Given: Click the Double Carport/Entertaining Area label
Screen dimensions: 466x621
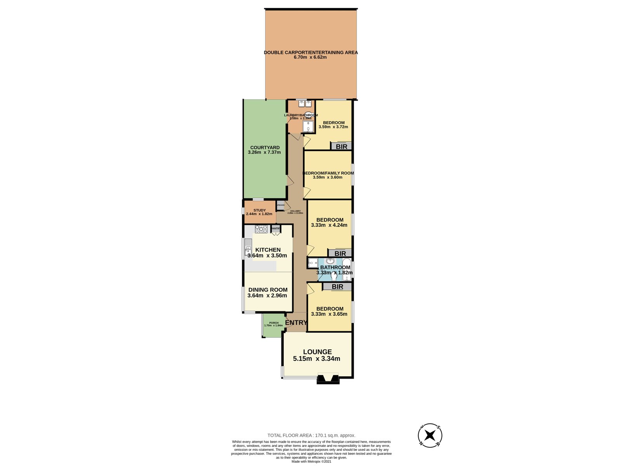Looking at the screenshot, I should point(310,52).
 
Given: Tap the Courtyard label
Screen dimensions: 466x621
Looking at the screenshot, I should point(265,148).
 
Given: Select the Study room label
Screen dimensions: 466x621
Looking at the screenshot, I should point(260,210).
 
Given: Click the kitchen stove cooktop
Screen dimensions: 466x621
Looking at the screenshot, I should point(261,229).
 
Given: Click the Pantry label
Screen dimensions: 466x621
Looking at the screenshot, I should point(276,228).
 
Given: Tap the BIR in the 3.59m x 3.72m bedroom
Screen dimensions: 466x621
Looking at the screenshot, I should point(341,147).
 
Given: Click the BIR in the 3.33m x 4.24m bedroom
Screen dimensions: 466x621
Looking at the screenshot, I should point(340,254).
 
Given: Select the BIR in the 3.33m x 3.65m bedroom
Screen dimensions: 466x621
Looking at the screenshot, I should point(337,287).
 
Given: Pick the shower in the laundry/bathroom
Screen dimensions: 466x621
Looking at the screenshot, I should point(308,127).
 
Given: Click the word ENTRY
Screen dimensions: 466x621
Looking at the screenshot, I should point(296,322).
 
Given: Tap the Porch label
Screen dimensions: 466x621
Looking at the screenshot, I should point(274,323).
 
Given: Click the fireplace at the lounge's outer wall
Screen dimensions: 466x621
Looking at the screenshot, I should point(328,379).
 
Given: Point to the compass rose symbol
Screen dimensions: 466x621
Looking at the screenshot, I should point(430,435).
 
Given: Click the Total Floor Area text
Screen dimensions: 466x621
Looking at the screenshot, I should point(311,435).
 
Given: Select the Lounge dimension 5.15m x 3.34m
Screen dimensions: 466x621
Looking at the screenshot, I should point(316,359).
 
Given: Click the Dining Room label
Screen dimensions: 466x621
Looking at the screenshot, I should point(268,290).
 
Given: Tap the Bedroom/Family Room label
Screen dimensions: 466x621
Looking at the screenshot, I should point(328,173).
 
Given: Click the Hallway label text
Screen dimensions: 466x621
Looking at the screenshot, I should point(295,211).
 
